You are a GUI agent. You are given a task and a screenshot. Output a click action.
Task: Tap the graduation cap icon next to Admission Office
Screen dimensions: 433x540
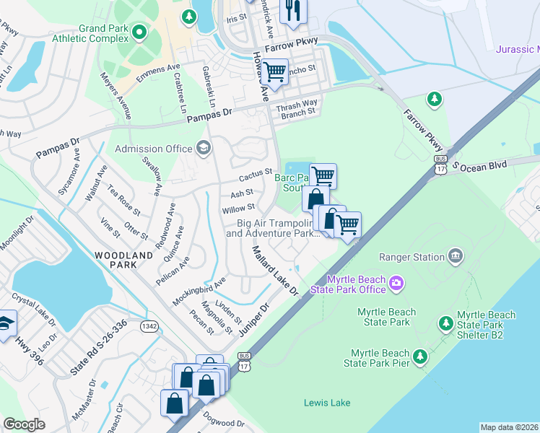click(204, 149)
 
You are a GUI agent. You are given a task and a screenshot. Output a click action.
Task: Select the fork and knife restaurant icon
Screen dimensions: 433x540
click(292, 10)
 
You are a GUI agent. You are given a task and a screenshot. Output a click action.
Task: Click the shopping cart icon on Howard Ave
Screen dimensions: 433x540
click(274, 71)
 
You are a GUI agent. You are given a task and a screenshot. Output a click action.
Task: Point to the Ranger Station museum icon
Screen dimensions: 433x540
click(456, 255)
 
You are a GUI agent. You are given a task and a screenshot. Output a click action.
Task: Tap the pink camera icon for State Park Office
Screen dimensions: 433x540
click(396, 284)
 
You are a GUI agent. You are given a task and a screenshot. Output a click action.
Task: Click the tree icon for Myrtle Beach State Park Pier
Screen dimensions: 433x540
click(420, 356)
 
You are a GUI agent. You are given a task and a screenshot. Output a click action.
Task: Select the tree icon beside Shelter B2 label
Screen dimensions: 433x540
click(445, 322)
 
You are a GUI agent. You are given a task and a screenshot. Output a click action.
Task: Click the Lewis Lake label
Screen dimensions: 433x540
click(326, 403)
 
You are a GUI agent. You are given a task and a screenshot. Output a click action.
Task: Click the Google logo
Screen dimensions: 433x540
click(24, 424)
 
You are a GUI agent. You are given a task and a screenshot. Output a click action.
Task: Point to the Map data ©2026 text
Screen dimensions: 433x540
click(509, 427)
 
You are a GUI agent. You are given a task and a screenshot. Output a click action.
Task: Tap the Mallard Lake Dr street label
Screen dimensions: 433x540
click(274, 270)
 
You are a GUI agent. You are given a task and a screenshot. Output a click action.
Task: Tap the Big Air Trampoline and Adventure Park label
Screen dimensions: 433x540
click(273, 228)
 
